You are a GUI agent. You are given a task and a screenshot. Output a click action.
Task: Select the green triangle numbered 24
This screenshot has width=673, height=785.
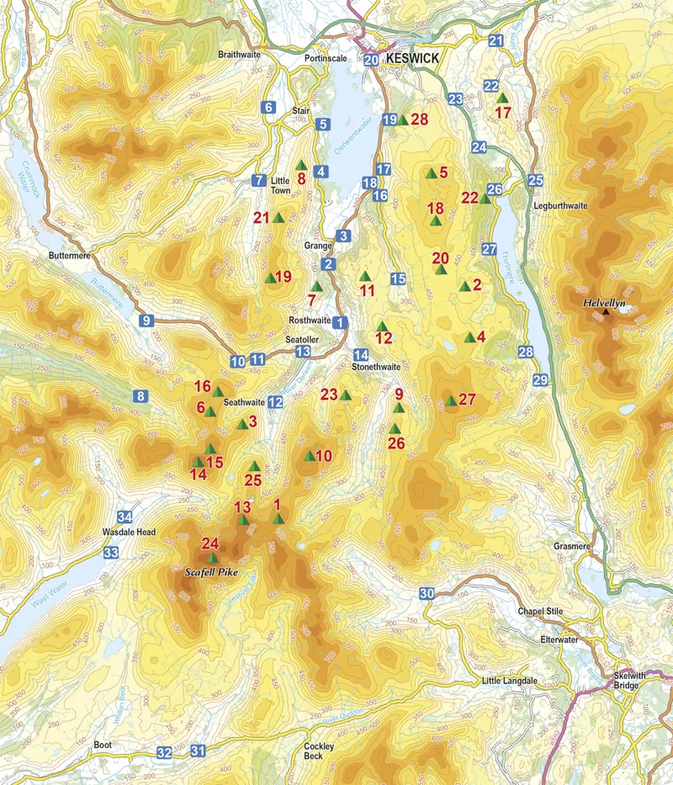pyautogui.click(x=212, y=557)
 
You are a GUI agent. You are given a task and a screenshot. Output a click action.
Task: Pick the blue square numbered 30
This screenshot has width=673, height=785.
pyautogui.click(x=427, y=594)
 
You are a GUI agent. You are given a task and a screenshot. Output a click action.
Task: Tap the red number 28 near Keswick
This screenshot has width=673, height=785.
pyautogui.click(x=419, y=119)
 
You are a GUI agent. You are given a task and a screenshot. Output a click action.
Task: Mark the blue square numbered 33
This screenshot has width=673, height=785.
pyautogui.click(x=111, y=553)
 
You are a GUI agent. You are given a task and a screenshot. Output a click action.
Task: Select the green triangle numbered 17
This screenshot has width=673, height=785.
pyautogui.click(x=502, y=98)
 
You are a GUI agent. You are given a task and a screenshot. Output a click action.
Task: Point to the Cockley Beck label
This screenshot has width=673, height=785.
pyautogui.click(x=319, y=751)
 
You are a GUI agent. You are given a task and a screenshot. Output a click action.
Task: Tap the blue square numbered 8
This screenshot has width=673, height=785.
pyautogui.click(x=140, y=396)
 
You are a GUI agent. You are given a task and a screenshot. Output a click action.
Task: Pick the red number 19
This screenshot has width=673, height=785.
pyautogui.click(x=283, y=277)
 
